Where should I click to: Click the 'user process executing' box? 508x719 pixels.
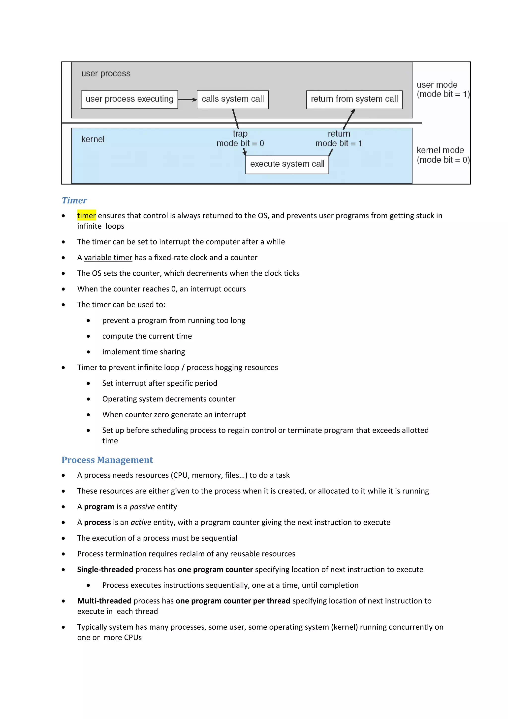click(129, 99)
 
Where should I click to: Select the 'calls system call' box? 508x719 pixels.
click(233, 99)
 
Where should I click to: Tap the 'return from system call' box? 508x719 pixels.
click(354, 99)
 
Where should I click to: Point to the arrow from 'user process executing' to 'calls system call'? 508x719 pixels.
click(187, 100)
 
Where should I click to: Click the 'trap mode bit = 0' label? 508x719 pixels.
click(240, 139)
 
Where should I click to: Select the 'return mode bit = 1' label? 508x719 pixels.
click(339, 139)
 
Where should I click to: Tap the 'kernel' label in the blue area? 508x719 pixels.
click(93, 139)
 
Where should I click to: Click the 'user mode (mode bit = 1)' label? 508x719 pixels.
click(442, 90)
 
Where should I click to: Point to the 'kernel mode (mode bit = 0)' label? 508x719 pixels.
click(442, 155)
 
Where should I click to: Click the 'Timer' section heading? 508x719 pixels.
click(74, 200)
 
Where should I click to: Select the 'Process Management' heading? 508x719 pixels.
click(107, 460)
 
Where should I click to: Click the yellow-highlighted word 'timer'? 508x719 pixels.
click(86, 216)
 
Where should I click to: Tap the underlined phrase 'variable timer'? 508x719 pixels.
click(108, 258)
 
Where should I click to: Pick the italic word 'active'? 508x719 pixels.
click(141, 523)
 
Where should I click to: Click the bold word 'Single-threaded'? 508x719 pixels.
click(105, 570)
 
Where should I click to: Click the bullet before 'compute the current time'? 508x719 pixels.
click(89, 336)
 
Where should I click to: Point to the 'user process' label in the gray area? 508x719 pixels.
click(106, 73)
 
